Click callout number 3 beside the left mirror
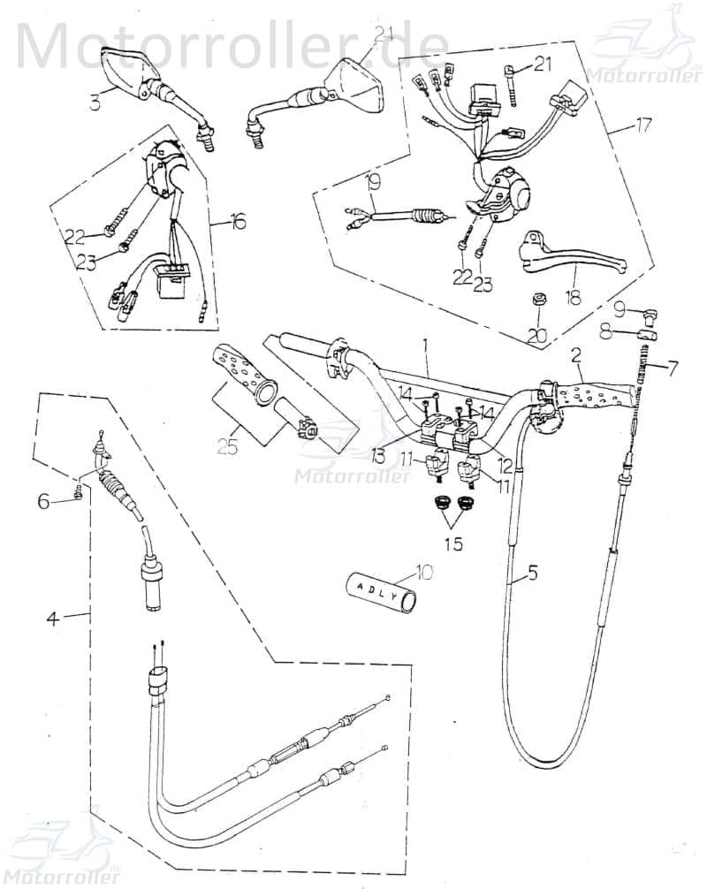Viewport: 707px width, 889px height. point(95,103)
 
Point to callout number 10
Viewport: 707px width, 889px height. point(425,572)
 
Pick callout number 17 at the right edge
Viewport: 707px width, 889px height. point(643,125)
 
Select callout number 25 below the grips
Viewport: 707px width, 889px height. point(227,447)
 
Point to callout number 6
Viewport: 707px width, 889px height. point(43,500)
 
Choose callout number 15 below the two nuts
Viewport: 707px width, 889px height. point(452,543)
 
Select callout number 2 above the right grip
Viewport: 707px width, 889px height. point(576,356)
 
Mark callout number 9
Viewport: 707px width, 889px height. point(619,309)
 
